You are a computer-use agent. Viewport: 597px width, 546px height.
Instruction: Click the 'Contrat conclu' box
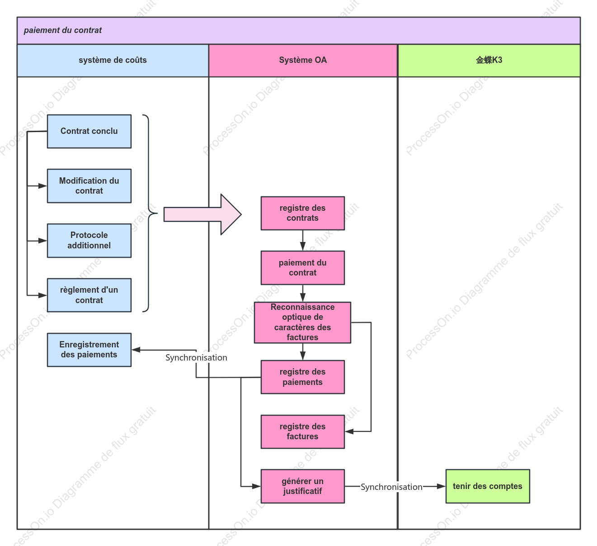[89, 132]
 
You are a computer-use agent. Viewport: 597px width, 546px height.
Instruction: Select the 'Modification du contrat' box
[89, 186]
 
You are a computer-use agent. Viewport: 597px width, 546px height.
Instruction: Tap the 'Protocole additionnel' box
[89, 241]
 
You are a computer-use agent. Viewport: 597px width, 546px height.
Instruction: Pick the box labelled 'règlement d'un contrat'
[89, 295]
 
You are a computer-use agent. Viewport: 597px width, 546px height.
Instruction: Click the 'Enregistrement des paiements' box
[89, 350]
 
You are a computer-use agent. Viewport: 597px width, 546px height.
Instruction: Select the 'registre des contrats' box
[303, 213]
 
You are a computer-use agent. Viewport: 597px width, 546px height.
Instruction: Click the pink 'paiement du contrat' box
[303, 268]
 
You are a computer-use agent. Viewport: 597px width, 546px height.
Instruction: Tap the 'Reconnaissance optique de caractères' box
[302, 323]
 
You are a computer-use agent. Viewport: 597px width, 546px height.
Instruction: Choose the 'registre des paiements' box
[303, 377]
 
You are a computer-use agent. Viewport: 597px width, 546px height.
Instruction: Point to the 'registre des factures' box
[303, 432]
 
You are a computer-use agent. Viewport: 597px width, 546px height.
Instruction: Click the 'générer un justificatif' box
[303, 486]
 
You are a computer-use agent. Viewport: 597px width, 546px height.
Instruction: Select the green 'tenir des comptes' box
[488, 486]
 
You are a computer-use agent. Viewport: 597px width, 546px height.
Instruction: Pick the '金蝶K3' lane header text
[489, 60]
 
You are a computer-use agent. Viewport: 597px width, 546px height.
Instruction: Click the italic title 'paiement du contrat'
[62, 30]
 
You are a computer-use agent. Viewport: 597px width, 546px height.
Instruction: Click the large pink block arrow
[202, 214]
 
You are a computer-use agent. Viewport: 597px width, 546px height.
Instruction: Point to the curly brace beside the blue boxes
[149, 213]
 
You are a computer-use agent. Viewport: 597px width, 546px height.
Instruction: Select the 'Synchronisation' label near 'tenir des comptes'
[391, 487]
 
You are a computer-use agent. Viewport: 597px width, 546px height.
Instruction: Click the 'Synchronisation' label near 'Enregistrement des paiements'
[196, 358]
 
